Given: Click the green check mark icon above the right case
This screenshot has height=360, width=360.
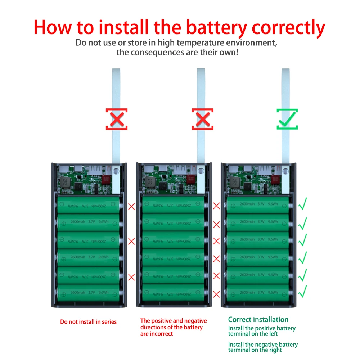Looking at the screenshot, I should (287, 119).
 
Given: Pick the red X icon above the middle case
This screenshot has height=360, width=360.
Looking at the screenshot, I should (202, 119).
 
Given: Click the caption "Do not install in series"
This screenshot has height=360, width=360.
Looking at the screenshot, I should (88, 322).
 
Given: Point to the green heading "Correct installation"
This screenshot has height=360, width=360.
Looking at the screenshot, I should (258, 320).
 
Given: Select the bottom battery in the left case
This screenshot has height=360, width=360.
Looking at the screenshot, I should (89, 293).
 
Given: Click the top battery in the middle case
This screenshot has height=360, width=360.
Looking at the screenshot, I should (174, 204).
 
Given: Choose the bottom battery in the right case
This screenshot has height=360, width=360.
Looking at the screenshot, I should (258, 292).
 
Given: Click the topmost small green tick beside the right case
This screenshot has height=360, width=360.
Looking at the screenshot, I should (302, 204).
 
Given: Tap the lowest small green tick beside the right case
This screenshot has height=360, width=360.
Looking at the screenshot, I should (302, 291).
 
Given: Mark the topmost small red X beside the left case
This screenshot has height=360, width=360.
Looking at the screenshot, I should (132, 207).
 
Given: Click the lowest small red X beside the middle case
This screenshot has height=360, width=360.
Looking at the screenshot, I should (216, 294).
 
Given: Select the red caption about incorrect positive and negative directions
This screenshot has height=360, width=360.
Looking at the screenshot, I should (173, 327).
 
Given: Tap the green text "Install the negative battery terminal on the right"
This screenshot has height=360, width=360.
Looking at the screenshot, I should (263, 347).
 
